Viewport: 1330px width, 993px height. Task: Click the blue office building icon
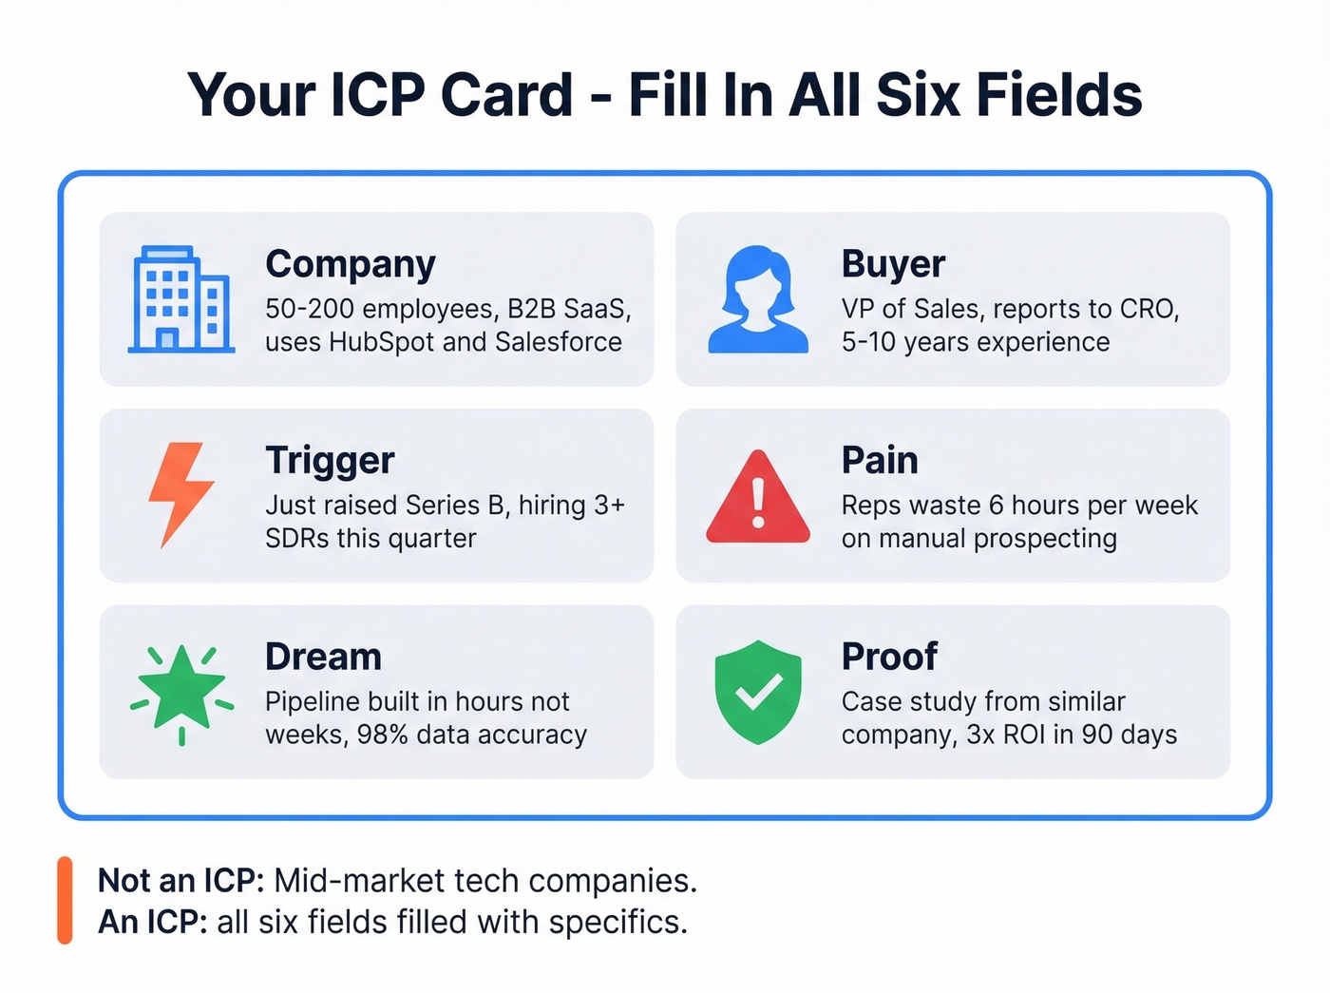(x=180, y=299)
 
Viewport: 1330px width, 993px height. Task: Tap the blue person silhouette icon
(x=758, y=300)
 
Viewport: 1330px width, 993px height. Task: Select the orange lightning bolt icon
(x=180, y=494)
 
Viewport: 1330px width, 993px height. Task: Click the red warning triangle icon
(x=758, y=498)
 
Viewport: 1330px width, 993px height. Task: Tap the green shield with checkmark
(x=758, y=692)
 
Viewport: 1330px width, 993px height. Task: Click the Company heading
(x=351, y=264)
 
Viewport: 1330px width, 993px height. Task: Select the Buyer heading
(x=893, y=264)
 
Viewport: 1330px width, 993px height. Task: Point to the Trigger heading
(x=330, y=461)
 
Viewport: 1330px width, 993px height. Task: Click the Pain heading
(x=880, y=461)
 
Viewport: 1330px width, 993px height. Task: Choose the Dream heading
(x=323, y=657)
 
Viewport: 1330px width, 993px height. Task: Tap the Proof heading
(x=889, y=657)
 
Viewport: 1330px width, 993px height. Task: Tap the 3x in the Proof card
(x=980, y=735)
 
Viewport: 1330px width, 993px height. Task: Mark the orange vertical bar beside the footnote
(x=65, y=900)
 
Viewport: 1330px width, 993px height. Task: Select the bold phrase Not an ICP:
(x=180, y=881)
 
